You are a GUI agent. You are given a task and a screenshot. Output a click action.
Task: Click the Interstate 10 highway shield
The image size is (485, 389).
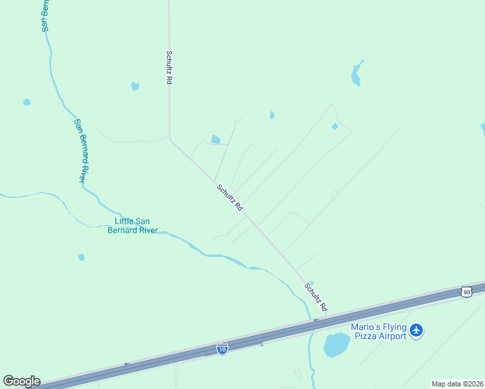pyautogui.click(x=222, y=349)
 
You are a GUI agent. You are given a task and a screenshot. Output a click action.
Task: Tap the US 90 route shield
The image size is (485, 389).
pyautogui.click(x=466, y=292)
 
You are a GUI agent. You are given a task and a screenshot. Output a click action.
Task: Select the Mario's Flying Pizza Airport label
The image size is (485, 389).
pyautogui.click(x=379, y=331)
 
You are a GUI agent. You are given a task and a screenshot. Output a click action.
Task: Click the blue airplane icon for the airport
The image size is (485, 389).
pyautogui.click(x=416, y=331)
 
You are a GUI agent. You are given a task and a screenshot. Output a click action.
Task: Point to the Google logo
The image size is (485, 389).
pyautogui.click(x=21, y=381)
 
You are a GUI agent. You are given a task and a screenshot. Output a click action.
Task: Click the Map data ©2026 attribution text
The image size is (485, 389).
pyautogui.click(x=457, y=384)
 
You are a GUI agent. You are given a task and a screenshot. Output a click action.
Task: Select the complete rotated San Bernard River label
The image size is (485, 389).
pyautogui.click(x=80, y=150)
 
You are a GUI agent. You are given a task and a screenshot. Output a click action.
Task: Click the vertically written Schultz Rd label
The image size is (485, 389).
pyautogui.click(x=169, y=67)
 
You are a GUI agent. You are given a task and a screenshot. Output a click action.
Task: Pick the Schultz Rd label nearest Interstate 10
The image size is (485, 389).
pyautogui.click(x=314, y=296)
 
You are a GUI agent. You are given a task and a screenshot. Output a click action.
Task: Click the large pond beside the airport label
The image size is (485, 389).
pyautogui.click(x=336, y=345)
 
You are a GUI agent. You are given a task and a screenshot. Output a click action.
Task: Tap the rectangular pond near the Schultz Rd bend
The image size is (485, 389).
pyautogui.click(x=215, y=139)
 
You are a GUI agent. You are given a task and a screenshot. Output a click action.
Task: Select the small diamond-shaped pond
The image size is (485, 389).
pyautogui.click(x=335, y=126)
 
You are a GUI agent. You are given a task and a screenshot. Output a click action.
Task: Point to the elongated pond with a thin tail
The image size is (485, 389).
pyautogui.click(x=355, y=75)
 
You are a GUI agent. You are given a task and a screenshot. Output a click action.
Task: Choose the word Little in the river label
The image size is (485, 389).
pyautogui.click(x=125, y=221)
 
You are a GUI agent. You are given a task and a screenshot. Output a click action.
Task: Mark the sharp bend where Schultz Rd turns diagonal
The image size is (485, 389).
pyautogui.click(x=170, y=138)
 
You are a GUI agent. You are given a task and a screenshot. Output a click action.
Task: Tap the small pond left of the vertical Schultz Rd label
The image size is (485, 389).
pyautogui.click(x=135, y=86)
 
